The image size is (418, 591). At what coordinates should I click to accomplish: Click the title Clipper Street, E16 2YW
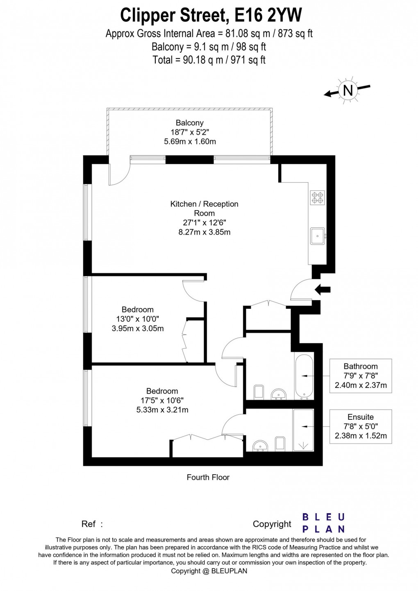(x=211, y=15)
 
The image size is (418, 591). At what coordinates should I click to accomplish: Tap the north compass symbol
(x=348, y=90)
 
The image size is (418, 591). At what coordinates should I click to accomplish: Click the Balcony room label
(x=189, y=123)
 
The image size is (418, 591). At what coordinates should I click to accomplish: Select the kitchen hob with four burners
(x=318, y=197)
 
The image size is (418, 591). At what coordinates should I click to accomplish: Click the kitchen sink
(x=317, y=236)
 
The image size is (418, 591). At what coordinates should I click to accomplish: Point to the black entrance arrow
(x=323, y=290)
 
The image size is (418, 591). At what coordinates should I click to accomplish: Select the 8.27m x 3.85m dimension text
(x=204, y=232)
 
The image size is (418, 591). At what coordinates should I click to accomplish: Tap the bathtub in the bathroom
(x=304, y=376)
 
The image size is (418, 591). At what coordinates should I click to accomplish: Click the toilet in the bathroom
(x=259, y=392)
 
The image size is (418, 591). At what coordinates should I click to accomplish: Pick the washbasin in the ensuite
(x=259, y=446)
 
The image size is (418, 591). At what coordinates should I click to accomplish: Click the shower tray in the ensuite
(x=303, y=430)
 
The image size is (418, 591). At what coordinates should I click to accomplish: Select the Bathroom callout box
(x=361, y=376)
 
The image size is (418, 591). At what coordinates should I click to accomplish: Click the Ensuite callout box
(x=361, y=426)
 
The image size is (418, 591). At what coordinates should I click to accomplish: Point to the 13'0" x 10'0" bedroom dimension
(x=138, y=319)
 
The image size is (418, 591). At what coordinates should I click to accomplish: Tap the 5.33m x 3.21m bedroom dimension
(x=162, y=410)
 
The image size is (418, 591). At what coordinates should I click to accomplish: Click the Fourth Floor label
(x=208, y=477)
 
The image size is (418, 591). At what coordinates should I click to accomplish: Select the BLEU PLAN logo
(x=323, y=523)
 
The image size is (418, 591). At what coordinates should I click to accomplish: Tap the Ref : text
(x=92, y=524)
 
